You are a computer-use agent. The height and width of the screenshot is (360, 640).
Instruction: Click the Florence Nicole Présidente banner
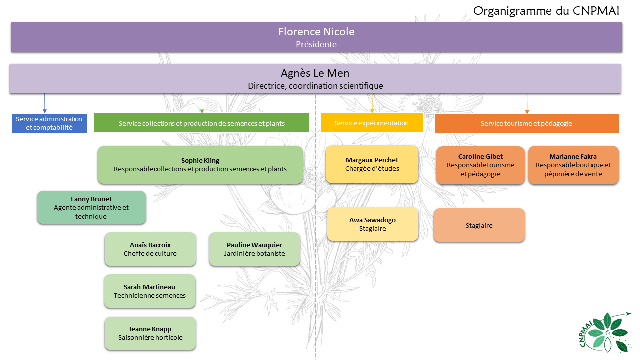click(317, 37)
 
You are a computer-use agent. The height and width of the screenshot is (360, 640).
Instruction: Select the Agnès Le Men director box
click(315, 79)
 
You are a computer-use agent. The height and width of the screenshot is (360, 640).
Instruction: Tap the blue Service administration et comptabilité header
click(49, 123)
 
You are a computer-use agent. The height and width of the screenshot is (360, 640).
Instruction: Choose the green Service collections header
click(201, 123)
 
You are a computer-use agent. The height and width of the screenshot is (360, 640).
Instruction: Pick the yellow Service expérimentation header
click(372, 123)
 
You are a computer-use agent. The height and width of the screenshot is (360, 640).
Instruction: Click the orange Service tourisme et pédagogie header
click(527, 123)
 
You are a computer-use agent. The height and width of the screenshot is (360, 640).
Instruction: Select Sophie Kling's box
click(200, 165)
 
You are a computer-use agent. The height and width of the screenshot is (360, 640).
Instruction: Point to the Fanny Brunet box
click(91, 207)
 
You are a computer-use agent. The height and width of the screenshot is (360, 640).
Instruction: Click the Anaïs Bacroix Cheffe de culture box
click(150, 249)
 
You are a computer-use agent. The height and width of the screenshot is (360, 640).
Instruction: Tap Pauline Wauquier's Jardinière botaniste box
click(254, 249)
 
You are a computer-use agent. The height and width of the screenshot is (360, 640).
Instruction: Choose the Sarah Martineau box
click(150, 291)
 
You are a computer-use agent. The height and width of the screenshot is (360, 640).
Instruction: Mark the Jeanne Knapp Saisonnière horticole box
click(150, 333)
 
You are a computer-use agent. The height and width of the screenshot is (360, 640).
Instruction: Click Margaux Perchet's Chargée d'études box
click(372, 164)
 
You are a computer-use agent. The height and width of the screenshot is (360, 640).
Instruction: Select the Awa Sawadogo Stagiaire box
click(373, 224)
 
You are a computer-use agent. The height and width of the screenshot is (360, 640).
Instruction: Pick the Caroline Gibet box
click(480, 165)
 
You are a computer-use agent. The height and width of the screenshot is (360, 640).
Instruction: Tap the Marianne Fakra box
click(573, 165)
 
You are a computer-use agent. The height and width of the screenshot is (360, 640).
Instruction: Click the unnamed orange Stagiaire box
click(479, 225)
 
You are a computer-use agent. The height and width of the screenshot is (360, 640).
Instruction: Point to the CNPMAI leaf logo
click(603, 332)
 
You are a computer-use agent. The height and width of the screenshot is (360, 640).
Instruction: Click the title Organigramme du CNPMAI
click(546, 11)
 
